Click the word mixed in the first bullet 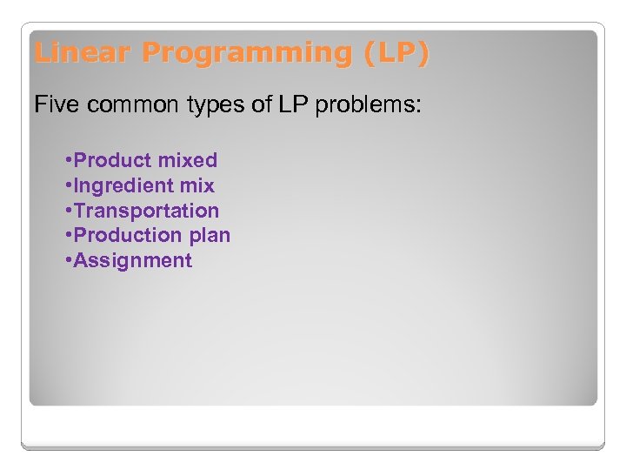click(x=185, y=160)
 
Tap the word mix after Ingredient click(x=196, y=185)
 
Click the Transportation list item click(x=146, y=211)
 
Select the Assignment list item click(x=132, y=260)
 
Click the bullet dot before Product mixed click(x=69, y=161)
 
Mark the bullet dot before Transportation click(x=69, y=211)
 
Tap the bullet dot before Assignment click(x=69, y=261)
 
